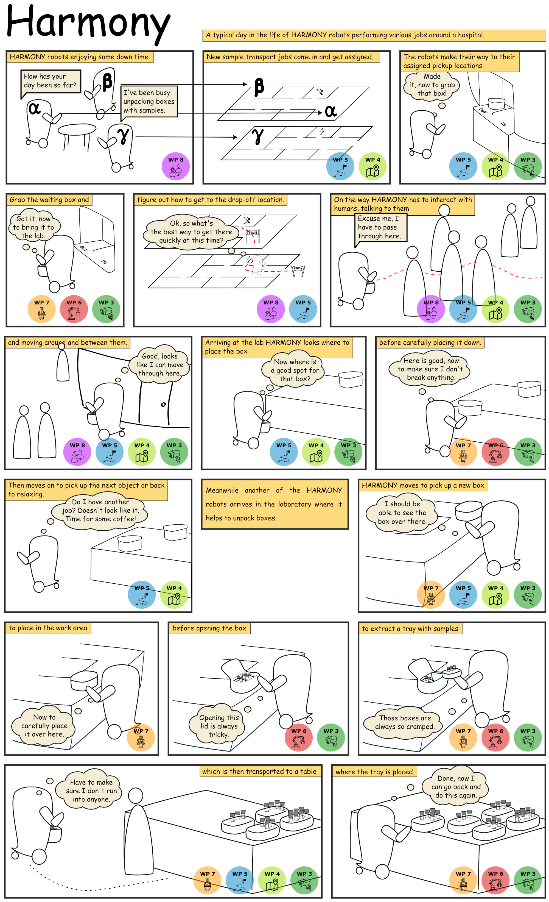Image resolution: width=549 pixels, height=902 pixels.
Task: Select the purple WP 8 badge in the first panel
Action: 176,166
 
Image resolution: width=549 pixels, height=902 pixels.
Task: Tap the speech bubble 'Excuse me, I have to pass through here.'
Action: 380,227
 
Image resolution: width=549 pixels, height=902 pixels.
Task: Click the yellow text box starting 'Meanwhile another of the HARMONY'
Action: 274,504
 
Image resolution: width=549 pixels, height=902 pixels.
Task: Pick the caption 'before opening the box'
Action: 209,628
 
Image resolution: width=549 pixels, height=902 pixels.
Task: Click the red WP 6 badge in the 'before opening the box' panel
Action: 298,737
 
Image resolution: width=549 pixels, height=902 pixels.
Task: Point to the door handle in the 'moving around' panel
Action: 163,405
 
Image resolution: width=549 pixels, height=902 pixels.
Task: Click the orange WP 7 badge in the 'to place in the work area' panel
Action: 141,737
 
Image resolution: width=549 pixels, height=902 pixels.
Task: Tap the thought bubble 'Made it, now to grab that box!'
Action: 432,85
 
